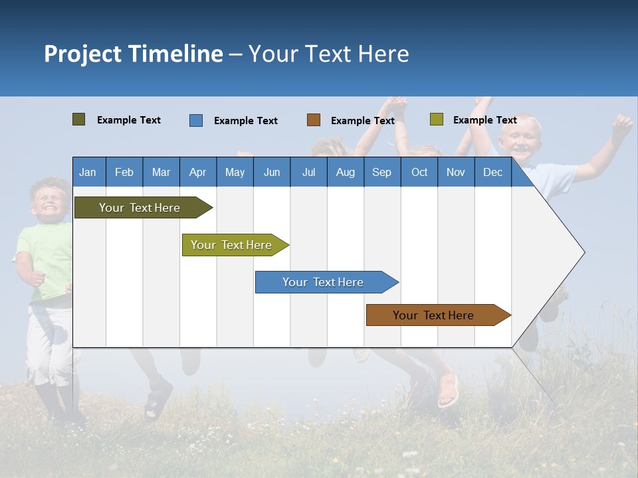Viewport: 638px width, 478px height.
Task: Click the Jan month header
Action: pyautogui.click(x=88, y=172)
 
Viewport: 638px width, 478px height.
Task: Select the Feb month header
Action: pyautogui.click(x=124, y=172)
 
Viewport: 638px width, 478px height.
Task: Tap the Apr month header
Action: pyautogui.click(x=197, y=172)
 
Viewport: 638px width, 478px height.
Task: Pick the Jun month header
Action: pyautogui.click(x=272, y=172)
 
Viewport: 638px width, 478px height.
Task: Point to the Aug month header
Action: pyautogui.click(x=345, y=172)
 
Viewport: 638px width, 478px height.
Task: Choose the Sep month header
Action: pyautogui.click(x=381, y=172)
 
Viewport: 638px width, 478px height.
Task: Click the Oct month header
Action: pyautogui.click(x=419, y=172)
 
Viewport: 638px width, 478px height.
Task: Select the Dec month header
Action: pyautogui.click(x=492, y=172)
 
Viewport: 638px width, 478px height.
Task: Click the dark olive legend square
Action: pyautogui.click(x=78, y=119)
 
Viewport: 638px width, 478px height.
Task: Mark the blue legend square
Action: pyautogui.click(x=196, y=120)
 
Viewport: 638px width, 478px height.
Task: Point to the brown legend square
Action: pyautogui.click(x=314, y=120)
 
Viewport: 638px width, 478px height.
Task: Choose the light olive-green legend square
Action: pyautogui.click(x=436, y=119)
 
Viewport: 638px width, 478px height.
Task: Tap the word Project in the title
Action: pyautogui.click(x=82, y=54)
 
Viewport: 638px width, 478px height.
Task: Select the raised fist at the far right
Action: pyautogui.click(x=622, y=124)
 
